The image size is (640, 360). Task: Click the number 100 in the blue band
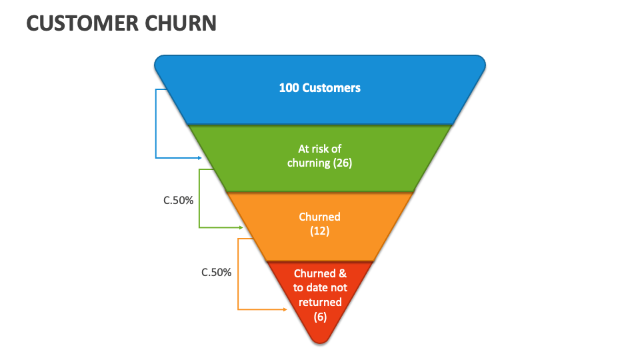[289, 87]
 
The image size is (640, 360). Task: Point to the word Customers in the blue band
[331, 87]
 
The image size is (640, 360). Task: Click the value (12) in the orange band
[320, 231]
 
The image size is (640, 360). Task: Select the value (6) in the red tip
[320, 317]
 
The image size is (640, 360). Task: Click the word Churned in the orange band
[320, 217]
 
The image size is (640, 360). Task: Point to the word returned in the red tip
[320, 302]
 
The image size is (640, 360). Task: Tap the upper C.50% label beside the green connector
[179, 200]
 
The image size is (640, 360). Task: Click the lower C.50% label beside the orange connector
[217, 272]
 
